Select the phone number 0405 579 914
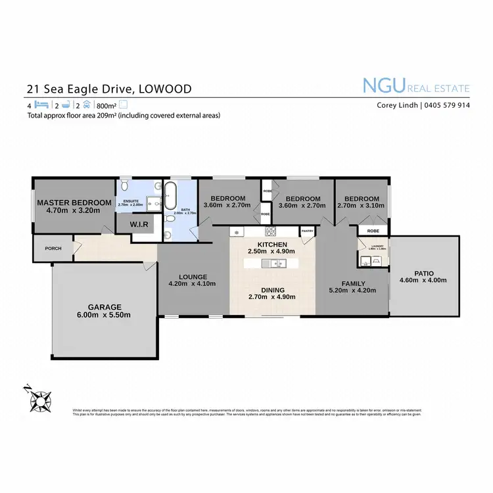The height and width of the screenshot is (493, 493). tap(446, 105)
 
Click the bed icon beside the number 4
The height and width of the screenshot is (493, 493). tap(41, 105)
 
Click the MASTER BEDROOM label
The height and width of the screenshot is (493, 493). tap(74, 202)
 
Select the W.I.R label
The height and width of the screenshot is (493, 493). tap(139, 225)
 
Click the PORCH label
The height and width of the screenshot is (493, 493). tap(53, 248)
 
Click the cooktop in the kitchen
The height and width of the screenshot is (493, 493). tap(270, 231)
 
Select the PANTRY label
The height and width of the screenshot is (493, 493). tap(306, 231)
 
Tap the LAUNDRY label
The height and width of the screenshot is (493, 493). tap(371, 245)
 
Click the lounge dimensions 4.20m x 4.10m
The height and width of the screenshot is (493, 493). tap(193, 284)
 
